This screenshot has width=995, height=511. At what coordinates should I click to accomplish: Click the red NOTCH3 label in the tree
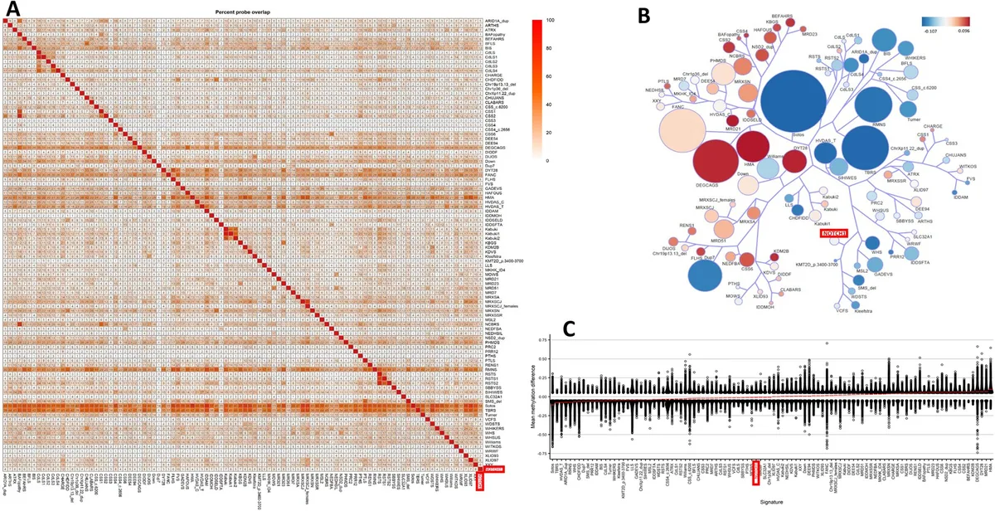pyautogui.click(x=836, y=234)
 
